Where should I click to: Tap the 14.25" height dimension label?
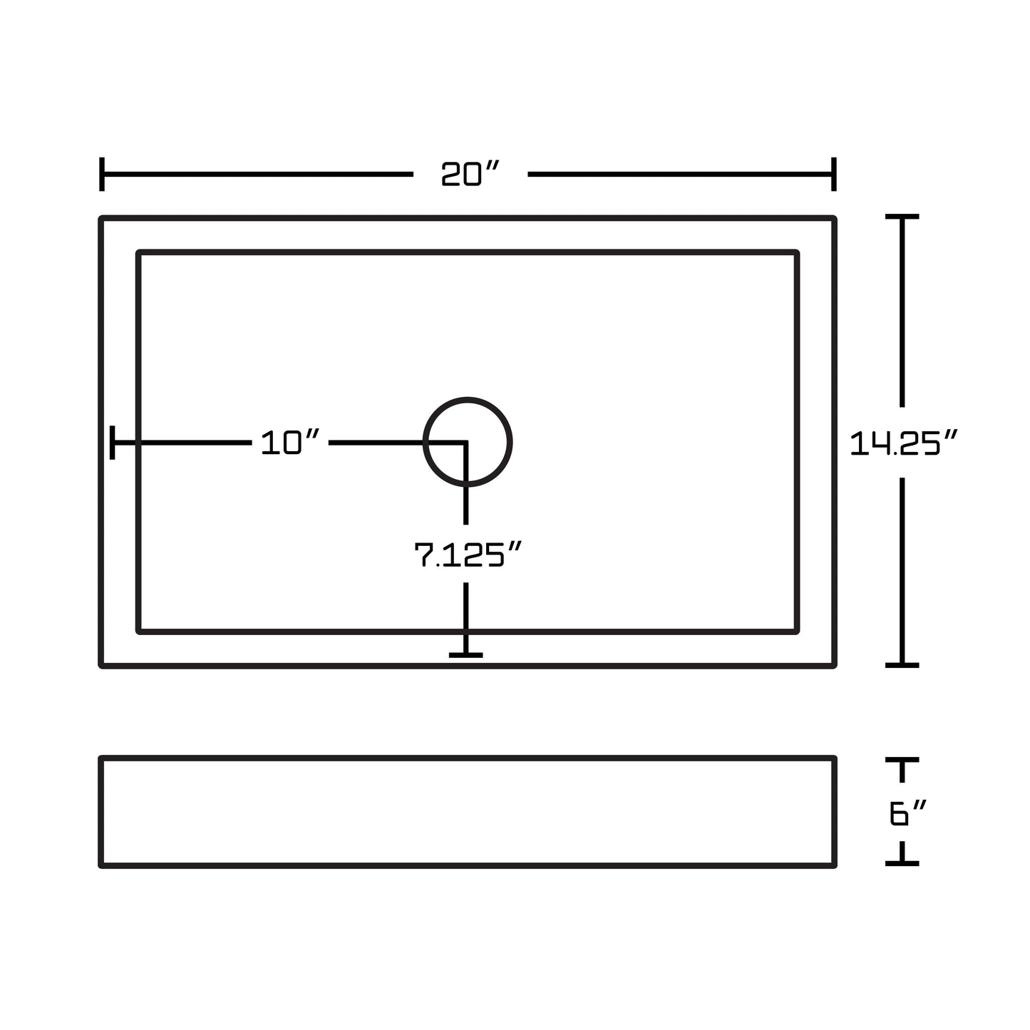pos(903,443)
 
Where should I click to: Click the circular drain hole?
pos(468,442)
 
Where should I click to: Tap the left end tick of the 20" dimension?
pos(101,174)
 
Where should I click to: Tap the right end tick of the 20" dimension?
pos(834,174)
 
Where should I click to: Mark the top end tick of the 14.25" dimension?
pos(902,217)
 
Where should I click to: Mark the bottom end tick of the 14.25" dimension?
pos(902,666)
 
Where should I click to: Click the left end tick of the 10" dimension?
pos(112,443)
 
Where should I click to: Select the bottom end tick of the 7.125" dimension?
pos(466,655)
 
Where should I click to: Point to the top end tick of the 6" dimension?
pos(902,760)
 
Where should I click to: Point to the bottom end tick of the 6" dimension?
pos(902,863)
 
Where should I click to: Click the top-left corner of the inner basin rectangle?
pos(138,252)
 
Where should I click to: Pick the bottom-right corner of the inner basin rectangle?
pos(797,632)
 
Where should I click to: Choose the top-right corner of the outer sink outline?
pos(834,218)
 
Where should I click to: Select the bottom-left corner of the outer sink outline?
pos(101,666)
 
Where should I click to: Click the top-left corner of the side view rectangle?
pos(101,758)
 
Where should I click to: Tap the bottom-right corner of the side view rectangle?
pos(834,865)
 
